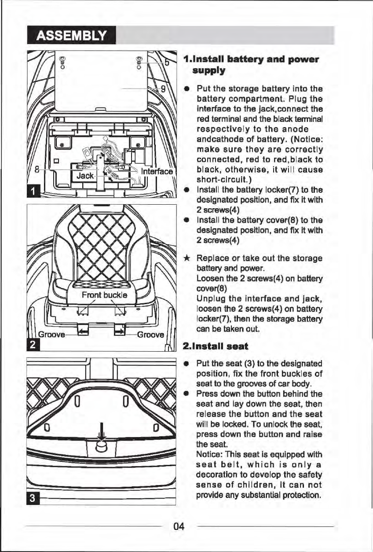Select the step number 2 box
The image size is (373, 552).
coord(32,342)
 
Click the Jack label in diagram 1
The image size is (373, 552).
coord(85,176)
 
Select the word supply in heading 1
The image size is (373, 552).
coord(208,70)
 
